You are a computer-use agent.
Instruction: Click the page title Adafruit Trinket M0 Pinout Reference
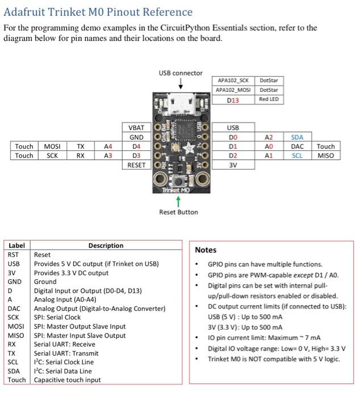pyautogui.click(x=98, y=12)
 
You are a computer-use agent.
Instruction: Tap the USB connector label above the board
pyautogui.click(x=181, y=73)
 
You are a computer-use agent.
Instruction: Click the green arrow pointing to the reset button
pyautogui.click(x=179, y=201)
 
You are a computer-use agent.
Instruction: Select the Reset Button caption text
pyautogui.click(x=179, y=212)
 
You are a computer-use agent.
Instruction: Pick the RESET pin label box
pyautogui.click(x=136, y=165)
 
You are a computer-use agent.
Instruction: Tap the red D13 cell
pyautogui.click(x=233, y=100)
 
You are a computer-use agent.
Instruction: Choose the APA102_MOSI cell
pyautogui.click(x=233, y=90)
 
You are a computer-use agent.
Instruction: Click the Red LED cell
pyautogui.click(x=269, y=99)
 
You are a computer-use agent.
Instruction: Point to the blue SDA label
pyautogui.click(x=297, y=137)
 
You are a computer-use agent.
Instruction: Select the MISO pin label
pyautogui.click(x=326, y=155)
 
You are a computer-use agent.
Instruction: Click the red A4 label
pyautogui.click(x=108, y=146)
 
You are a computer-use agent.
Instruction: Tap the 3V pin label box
pyautogui.click(x=233, y=165)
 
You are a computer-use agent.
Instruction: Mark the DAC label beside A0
pyautogui.click(x=297, y=146)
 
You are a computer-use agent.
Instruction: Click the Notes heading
pyautogui.click(x=206, y=250)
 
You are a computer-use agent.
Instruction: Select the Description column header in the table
pyautogui.click(x=106, y=246)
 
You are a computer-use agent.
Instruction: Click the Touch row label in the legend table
pyautogui.click(x=16, y=379)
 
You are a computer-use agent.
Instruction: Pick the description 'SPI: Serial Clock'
pyautogui.click(x=57, y=318)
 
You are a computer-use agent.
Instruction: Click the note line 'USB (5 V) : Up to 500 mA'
pyautogui.click(x=245, y=316)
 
